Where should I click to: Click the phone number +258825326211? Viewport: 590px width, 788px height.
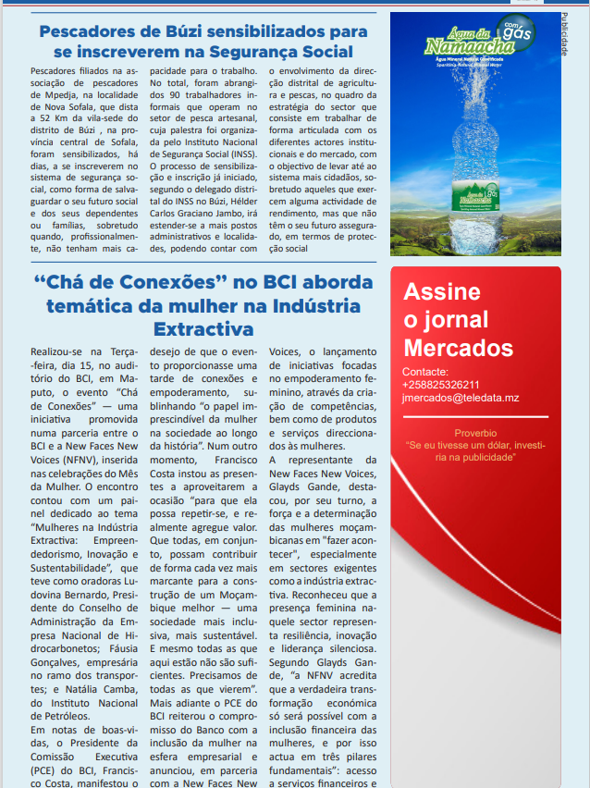pyautogui.click(x=441, y=385)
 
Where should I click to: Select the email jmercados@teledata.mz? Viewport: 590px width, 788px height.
pyautogui.click(x=461, y=398)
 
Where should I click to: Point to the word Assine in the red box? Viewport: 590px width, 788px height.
pyautogui.click(x=441, y=292)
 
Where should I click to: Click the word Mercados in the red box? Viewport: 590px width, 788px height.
pyautogui.click(x=458, y=348)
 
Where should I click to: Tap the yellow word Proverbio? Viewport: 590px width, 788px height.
pyautogui.click(x=475, y=433)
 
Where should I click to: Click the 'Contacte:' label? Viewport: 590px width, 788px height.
pyautogui.click(x=426, y=372)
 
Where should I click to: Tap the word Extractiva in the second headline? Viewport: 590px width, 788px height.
pyautogui.click(x=203, y=328)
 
